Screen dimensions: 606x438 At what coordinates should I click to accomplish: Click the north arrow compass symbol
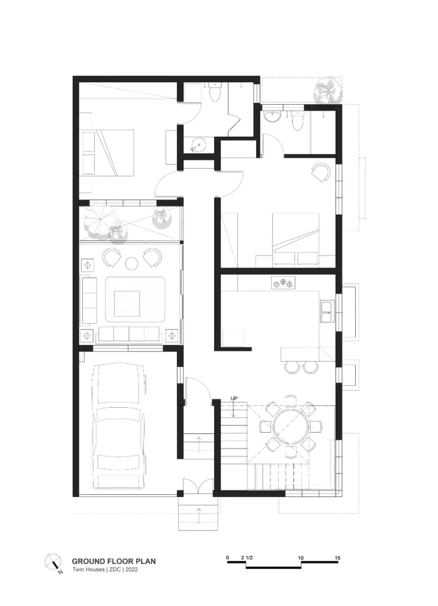(54, 563)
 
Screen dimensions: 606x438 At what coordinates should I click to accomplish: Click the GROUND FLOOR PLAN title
(114, 560)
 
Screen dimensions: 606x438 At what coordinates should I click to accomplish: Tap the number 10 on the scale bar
(301, 558)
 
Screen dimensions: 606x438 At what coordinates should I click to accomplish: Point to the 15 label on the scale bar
(337, 558)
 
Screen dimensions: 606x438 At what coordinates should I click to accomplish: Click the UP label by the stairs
(234, 399)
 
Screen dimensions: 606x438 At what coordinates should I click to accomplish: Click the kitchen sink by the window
(326, 311)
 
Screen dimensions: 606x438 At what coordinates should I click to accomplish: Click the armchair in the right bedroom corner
(320, 172)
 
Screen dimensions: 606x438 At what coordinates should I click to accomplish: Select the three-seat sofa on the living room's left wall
(88, 300)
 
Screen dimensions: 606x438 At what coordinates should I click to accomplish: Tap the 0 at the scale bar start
(228, 558)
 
